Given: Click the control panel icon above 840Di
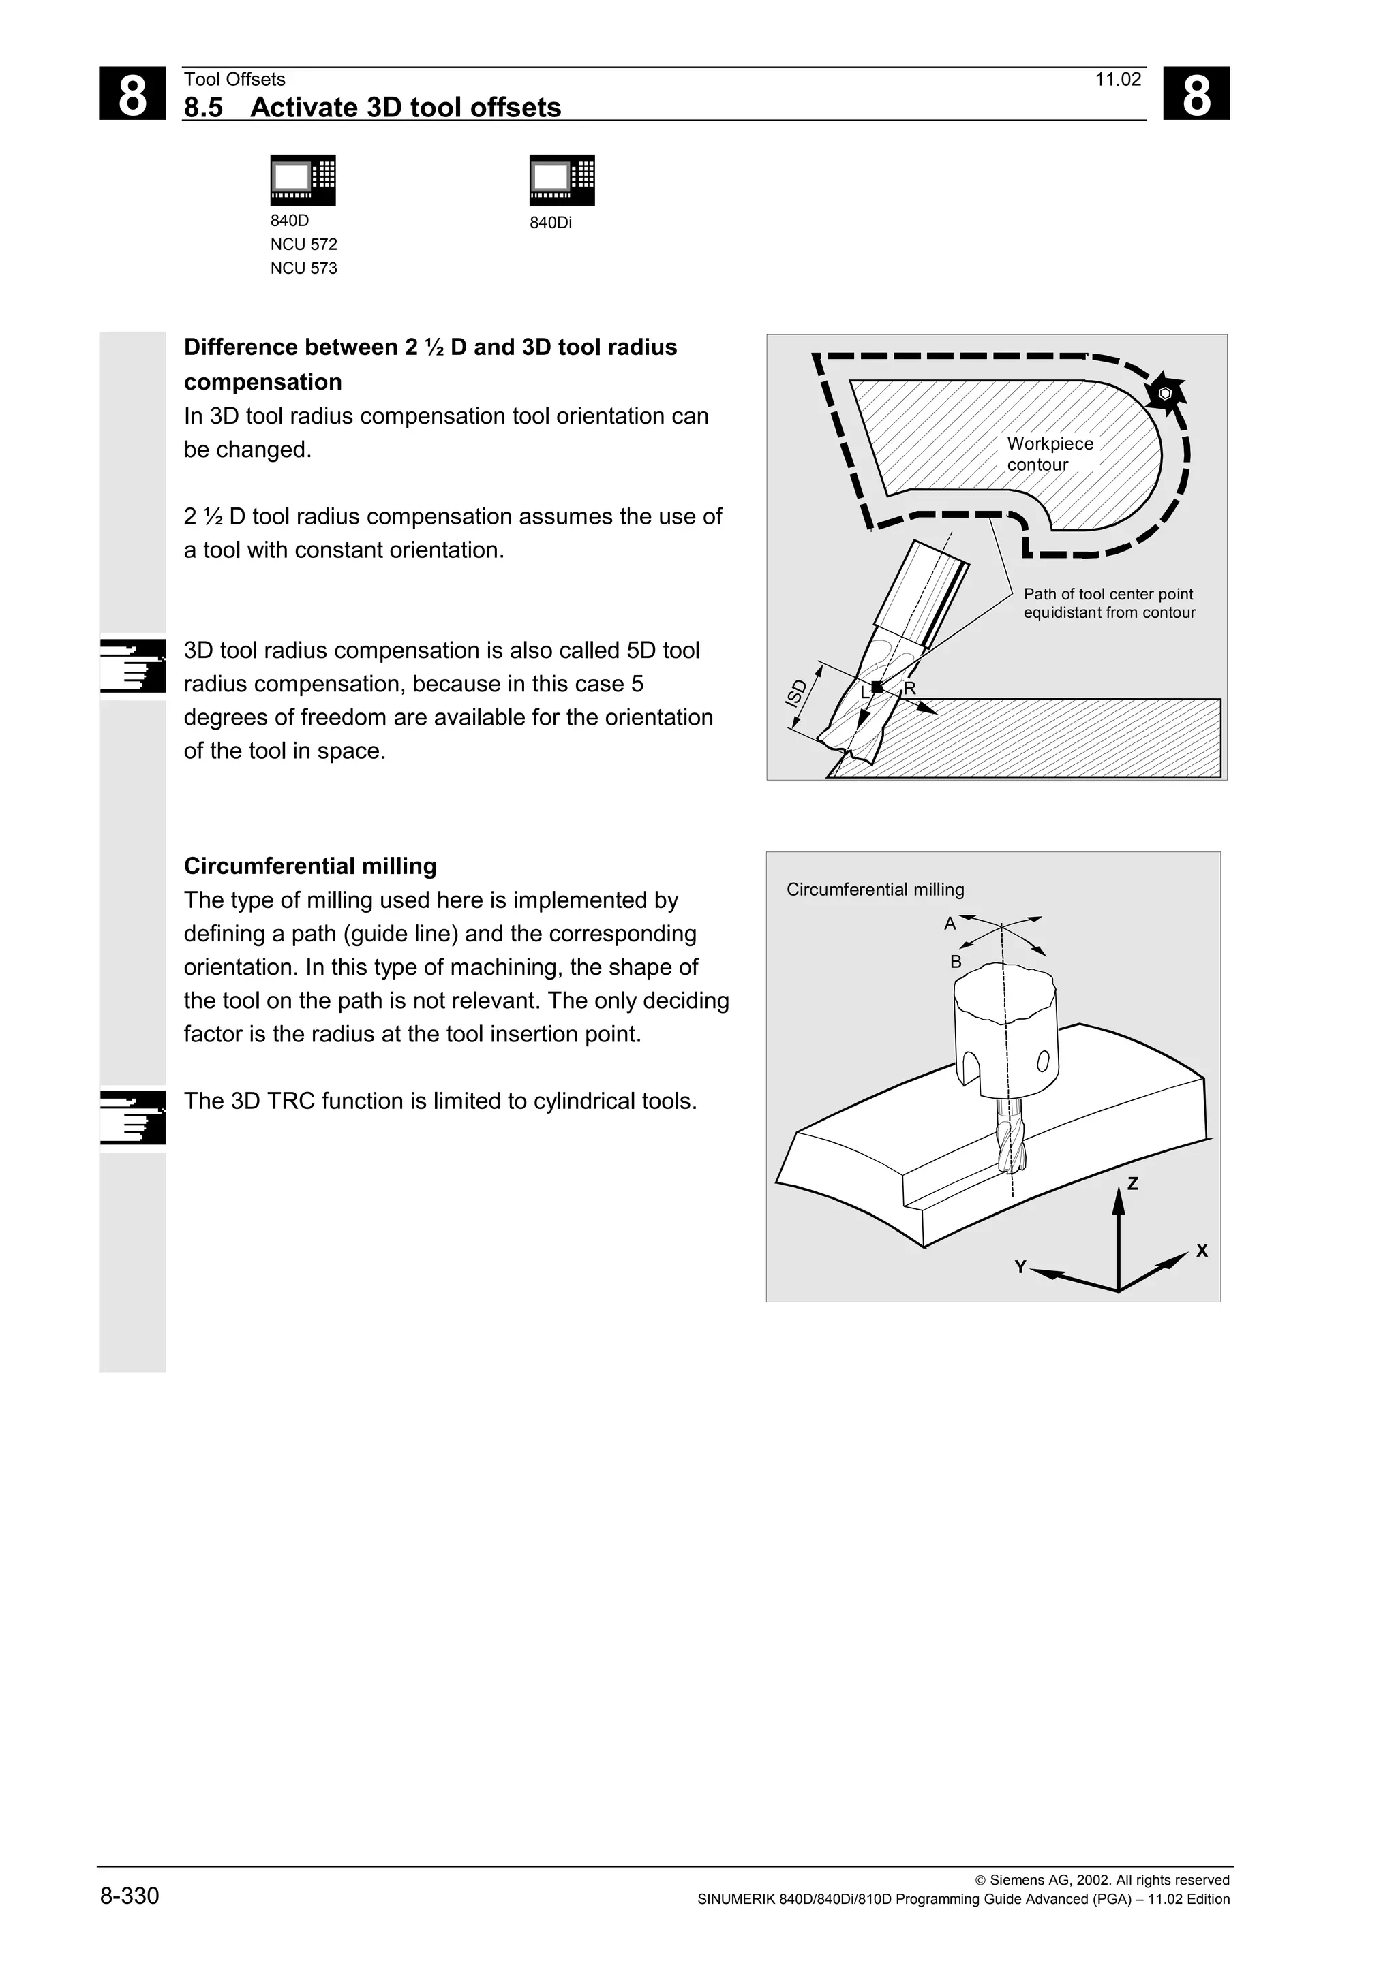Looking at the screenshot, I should point(562,180).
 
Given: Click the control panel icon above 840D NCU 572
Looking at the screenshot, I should point(303,180).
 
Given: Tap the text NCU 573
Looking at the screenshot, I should point(303,268).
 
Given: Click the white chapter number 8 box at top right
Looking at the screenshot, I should point(1196,94).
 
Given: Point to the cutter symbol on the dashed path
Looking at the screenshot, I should point(1165,394).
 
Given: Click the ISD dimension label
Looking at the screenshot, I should point(796,693).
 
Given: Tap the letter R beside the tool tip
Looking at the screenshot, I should point(909,689).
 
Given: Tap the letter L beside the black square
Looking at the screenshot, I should point(864,693).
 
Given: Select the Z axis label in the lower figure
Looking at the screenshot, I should point(1132,1184).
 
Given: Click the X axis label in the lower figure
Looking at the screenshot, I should point(1202,1251).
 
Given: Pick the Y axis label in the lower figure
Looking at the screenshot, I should point(1020,1267).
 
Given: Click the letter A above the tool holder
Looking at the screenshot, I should point(950,924).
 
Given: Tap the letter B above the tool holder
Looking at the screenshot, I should point(955,962).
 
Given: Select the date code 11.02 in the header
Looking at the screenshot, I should point(1117,80).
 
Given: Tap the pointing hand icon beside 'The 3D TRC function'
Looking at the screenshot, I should point(132,1117).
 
